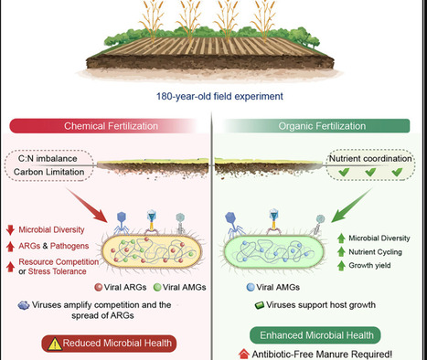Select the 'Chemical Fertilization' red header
(x=106, y=127)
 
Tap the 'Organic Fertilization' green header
(x=319, y=127)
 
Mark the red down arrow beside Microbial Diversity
(x=11, y=228)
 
